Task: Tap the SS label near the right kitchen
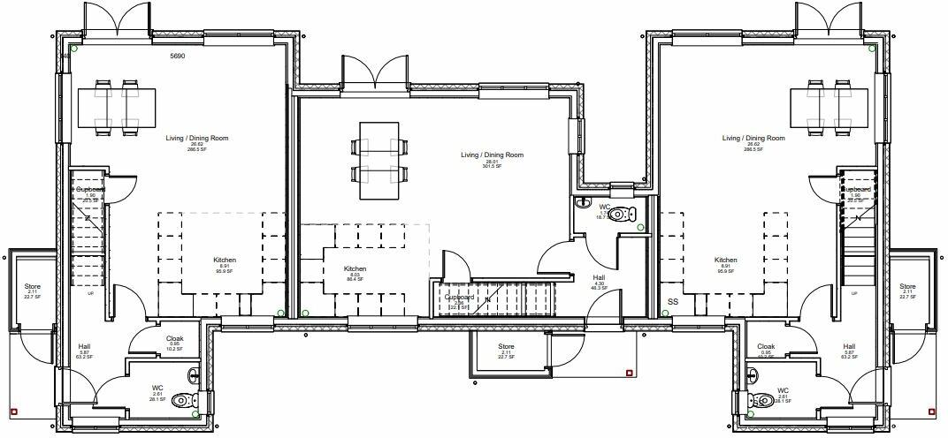pos(673,302)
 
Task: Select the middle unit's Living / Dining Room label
pos(492,155)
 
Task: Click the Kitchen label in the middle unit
pos(355,269)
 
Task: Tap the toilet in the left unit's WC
pos(185,400)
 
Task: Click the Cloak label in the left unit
pos(175,338)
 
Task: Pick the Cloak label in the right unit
pos(766,347)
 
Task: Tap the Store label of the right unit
pos(907,287)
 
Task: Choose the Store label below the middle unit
pos(506,346)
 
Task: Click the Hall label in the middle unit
pos(599,277)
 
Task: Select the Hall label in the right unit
pos(849,347)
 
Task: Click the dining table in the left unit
pos(120,106)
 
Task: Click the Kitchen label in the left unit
pos(225,261)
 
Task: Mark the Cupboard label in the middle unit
pos(460,298)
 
